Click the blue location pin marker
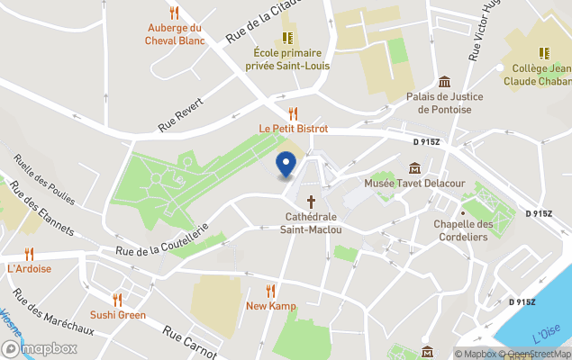(286, 164)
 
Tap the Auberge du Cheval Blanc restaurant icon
(174, 13)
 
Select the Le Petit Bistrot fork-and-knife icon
(293, 113)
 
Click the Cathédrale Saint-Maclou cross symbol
(312, 202)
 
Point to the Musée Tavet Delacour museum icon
(414, 168)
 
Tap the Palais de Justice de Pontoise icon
(444, 82)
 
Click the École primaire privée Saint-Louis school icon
(287, 38)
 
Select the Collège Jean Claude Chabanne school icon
(543, 53)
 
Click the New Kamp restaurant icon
(270, 291)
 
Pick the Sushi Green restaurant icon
(117, 300)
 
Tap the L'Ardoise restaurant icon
(29, 254)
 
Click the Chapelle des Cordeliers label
(463, 230)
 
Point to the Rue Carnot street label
(189, 341)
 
